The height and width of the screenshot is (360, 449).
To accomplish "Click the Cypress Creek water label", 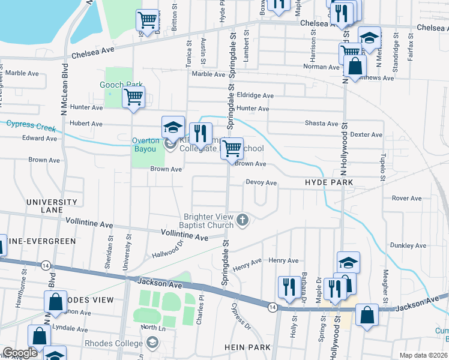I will pos(31,126).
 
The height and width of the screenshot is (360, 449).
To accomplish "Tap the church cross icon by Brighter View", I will pos(243,220).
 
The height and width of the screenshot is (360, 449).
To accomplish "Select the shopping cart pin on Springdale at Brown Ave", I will pos(232,148).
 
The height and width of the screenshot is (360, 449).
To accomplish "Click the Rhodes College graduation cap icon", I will pos(153,343).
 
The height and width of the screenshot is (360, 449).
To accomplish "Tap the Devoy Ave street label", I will pos(261,182).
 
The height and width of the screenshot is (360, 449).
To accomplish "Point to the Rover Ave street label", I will pos(406,198).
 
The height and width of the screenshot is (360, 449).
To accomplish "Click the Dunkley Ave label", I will pos(408,245).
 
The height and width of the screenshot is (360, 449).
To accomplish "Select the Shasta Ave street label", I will pos(324,124).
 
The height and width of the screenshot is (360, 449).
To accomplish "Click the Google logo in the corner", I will pos(20,353).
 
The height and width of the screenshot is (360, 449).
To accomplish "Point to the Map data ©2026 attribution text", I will pos(423,355).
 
